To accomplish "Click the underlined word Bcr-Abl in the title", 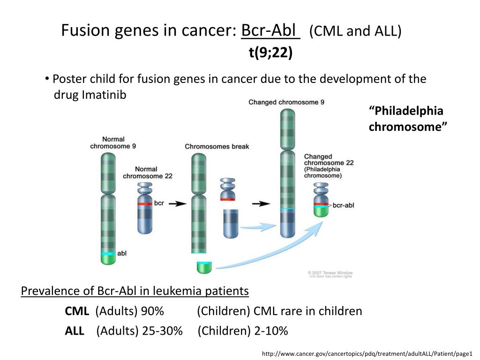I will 270,31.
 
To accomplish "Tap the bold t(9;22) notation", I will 270,53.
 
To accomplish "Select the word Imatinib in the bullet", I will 104,94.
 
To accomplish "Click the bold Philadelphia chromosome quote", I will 406,119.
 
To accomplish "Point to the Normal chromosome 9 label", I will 113,142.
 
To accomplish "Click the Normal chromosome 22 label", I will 148,172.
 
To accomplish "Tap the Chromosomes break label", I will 217,146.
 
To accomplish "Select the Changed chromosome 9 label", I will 286,102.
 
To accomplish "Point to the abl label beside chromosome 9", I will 121,253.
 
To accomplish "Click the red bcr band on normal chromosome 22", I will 145,204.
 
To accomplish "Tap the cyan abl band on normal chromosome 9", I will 108,254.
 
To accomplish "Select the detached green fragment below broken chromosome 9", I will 204,267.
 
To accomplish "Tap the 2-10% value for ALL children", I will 271,331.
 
